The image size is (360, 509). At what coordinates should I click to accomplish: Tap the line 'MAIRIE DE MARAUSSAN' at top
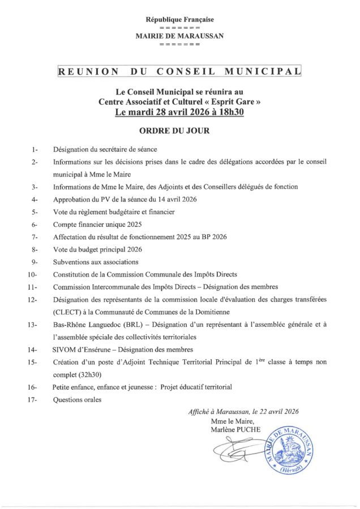pos(179,35)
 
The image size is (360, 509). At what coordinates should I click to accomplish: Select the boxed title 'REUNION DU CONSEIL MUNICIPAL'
pos(179,72)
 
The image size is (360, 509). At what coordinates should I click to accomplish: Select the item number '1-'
pos(35,150)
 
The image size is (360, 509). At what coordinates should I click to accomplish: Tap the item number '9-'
pos(35,262)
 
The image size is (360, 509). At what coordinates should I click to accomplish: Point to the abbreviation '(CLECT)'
pos(66,312)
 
